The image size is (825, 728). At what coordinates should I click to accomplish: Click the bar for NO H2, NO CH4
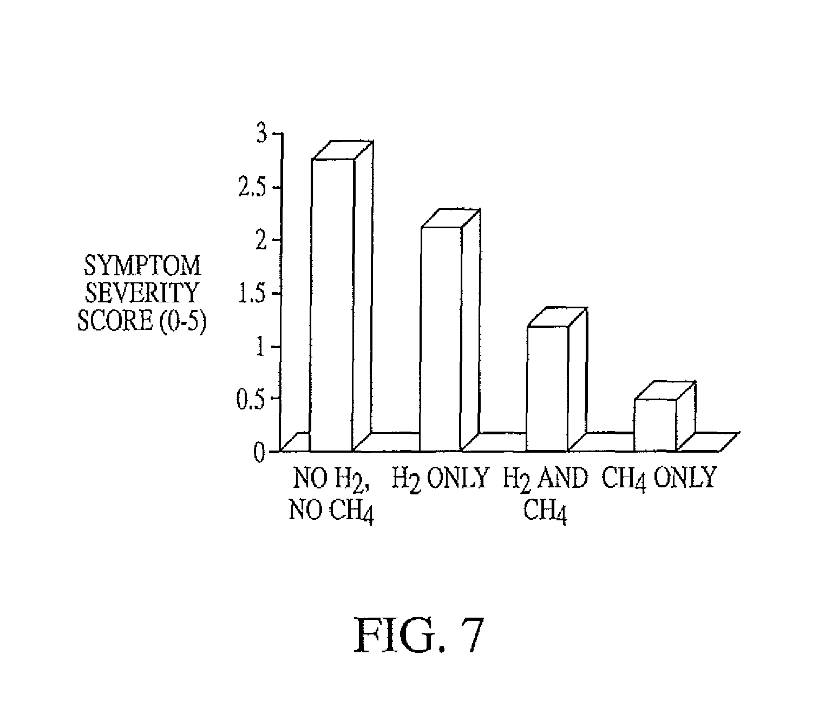[x=341, y=296]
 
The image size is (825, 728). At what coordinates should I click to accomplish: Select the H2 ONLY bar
[x=450, y=330]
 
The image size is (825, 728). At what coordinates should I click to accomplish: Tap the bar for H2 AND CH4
[x=556, y=379]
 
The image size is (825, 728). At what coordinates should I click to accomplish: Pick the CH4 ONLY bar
[x=665, y=416]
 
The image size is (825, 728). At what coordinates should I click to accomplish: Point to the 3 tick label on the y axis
[x=262, y=134]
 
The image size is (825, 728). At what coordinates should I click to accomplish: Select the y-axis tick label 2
[x=261, y=241]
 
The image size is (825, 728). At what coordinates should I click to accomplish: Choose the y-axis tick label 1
[x=261, y=347]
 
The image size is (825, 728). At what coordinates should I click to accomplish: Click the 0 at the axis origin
[x=260, y=453]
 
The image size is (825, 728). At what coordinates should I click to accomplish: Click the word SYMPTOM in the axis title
[x=142, y=266]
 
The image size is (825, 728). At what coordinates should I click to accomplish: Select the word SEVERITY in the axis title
[x=142, y=293]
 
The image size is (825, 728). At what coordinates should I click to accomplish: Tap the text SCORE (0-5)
[x=142, y=321]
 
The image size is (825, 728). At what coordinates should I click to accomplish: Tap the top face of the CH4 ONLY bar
[x=665, y=391]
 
